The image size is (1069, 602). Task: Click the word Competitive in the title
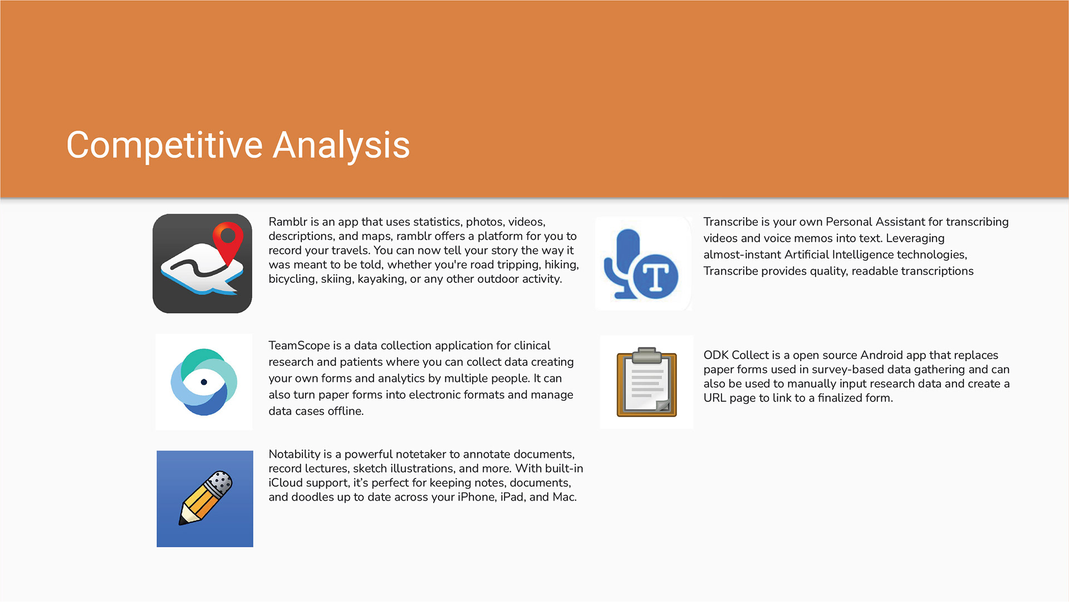coord(164,146)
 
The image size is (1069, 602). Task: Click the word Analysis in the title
coord(341,146)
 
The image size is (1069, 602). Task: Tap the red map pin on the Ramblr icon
coord(228,242)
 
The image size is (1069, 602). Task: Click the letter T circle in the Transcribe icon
coord(655,276)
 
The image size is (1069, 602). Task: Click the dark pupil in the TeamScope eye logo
coord(204,382)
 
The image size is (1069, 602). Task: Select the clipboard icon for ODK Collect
coord(646,382)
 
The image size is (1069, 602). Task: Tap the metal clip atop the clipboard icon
coord(646,355)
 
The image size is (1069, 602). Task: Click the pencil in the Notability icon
coord(205,498)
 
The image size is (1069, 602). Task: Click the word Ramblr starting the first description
coord(288,222)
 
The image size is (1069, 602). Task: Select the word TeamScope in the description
coord(299,346)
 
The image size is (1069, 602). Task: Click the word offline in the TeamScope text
coord(345,411)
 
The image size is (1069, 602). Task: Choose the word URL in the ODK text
coord(713,398)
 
